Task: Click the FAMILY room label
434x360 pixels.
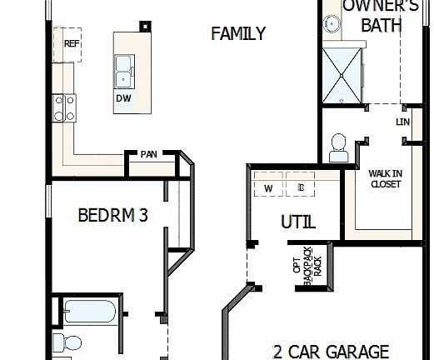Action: point(238,34)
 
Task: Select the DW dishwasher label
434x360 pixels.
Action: point(123,97)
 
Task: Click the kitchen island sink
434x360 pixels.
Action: point(124,71)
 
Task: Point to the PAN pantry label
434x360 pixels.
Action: point(148,154)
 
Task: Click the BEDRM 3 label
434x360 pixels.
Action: point(112,216)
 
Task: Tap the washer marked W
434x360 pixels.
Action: point(269,188)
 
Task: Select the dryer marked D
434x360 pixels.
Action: point(301,188)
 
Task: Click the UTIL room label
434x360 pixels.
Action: point(298,223)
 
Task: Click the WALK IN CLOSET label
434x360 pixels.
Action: point(385,178)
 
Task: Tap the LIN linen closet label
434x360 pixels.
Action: point(404,122)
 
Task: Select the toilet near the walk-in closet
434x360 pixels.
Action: point(340,147)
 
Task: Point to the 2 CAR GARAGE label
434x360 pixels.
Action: point(330,351)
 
